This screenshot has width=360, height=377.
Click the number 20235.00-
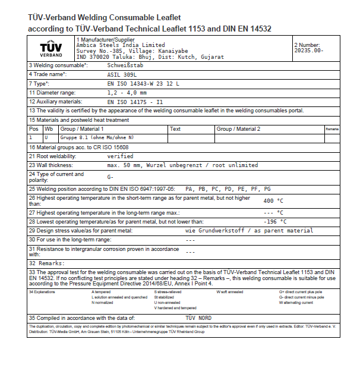309,51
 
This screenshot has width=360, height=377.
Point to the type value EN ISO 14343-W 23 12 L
143,84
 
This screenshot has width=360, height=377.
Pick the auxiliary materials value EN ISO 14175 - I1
135,102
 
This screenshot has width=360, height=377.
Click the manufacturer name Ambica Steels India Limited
121,45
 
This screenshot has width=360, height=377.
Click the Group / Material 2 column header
239,129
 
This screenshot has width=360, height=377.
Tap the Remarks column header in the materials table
332,129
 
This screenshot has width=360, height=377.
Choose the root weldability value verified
120,156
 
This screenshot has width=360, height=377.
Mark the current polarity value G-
110,177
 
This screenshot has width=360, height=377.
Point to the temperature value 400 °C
273,201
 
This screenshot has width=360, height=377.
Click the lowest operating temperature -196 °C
275,221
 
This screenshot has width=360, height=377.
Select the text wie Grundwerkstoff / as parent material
249,230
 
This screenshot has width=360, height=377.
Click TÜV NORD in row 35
198,318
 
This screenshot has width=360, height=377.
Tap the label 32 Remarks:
47,262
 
